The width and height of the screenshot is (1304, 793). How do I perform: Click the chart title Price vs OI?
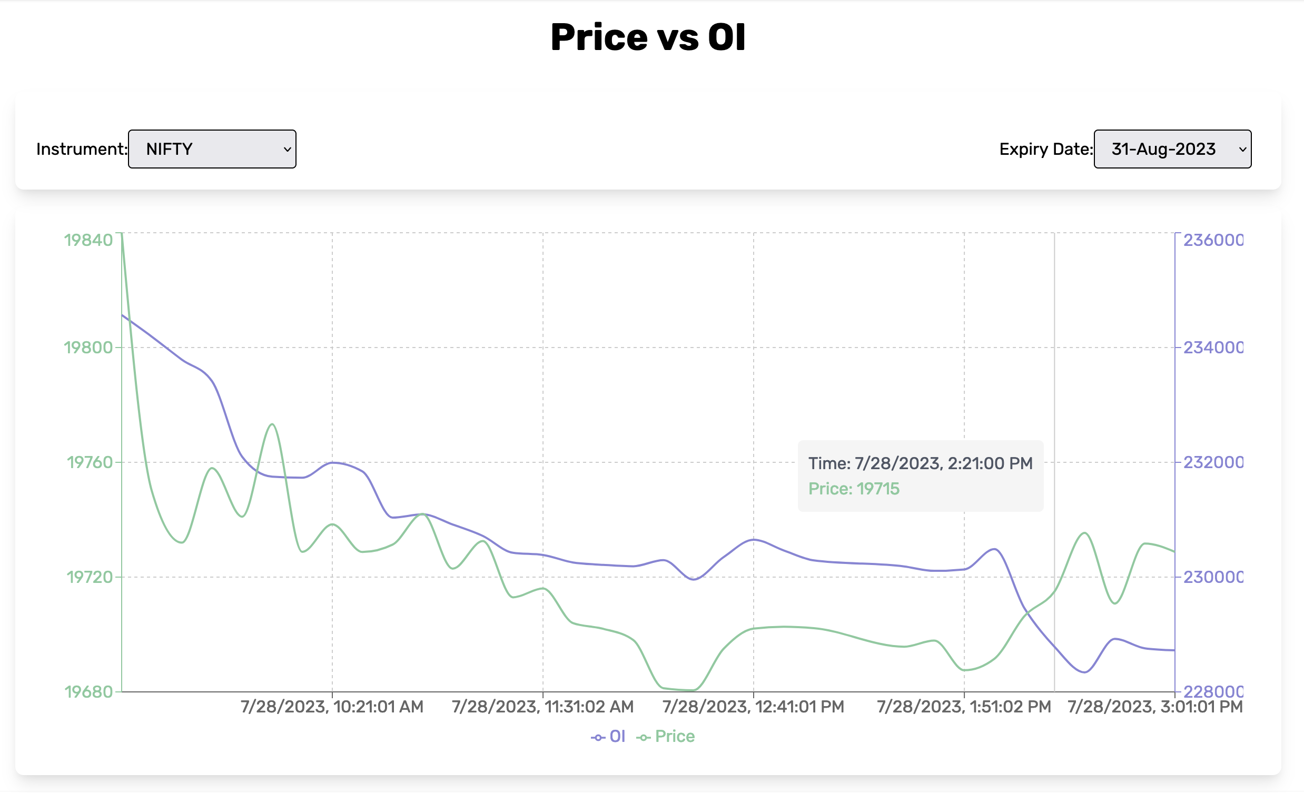[648, 37]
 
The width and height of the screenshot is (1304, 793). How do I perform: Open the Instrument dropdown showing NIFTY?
[212, 149]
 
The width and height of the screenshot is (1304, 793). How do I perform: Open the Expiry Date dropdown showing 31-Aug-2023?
[1172, 149]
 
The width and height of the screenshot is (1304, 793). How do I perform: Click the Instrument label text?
[82, 149]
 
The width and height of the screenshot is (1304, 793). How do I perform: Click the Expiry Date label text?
[1045, 149]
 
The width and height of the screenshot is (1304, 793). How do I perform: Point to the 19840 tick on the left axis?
[88, 240]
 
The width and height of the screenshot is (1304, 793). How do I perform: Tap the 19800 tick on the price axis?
[88, 348]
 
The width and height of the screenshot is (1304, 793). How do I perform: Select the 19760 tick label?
[90, 462]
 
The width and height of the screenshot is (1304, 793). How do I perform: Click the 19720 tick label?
[90, 577]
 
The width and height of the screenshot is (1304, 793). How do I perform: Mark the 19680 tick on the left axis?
[88, 692]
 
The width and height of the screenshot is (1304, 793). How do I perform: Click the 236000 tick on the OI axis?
[1213, 240]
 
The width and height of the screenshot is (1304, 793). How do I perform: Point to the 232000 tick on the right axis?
[1213, 462]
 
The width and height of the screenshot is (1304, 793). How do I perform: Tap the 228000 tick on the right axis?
[1213, 691]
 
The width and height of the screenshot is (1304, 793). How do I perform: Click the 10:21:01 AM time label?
[332, 707]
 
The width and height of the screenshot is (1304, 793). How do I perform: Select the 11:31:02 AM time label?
[542, 707]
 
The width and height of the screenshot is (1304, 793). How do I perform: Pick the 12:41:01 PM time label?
[753, 707]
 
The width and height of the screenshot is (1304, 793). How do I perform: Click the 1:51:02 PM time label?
[964, 707]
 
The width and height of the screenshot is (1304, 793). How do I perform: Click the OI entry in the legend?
[609, 737]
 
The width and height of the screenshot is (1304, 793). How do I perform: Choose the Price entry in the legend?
[666, 737]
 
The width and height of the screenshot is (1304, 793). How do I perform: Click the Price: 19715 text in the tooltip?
[854, 489]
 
